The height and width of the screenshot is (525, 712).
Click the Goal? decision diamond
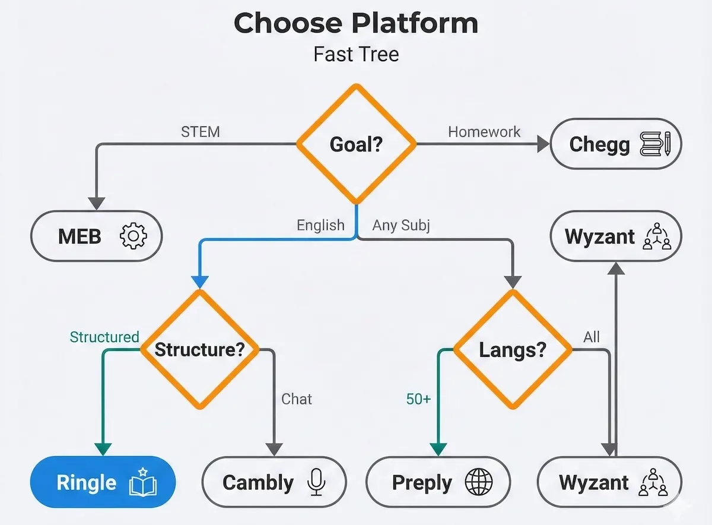coord(356,144)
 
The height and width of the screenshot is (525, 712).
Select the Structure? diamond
coord(199,349)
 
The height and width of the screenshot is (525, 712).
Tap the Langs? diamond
coord(513,349)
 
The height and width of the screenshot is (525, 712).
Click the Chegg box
coord(616,144)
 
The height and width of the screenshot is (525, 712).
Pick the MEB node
coord(96,237)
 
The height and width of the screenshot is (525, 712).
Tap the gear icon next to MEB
coord(133,237)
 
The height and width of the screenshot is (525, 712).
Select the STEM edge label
coord(200,131)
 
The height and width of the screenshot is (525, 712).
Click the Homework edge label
coord(484,131)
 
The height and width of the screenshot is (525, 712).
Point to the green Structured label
coord(104,337)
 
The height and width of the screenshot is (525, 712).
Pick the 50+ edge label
coord(418,399)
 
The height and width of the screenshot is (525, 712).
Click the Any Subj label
coord(401,226)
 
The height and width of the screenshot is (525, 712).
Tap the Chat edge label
coord(296,399)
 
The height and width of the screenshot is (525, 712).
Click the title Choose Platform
coord(356,24)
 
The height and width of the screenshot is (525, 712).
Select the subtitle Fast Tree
coord(356,55)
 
